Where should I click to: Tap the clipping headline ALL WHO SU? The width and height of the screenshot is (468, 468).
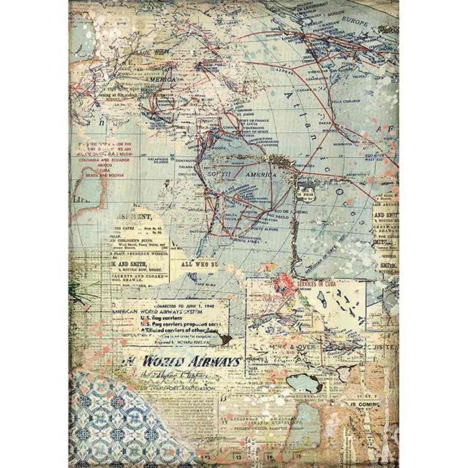click(x=201, y=264)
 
